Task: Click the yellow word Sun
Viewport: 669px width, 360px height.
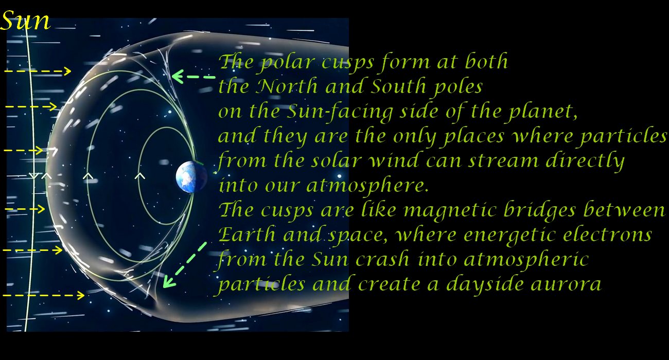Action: [x=25, y=20]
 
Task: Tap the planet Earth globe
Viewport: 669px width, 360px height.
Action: [x=191, y=177]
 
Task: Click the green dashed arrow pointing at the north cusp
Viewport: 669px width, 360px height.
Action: [x=193, y=77]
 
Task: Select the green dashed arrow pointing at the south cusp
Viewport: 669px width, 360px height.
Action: [x=185, y=265]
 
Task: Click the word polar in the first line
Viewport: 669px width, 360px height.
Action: [x=287, y=63]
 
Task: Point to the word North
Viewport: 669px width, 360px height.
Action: [x=287, y=86]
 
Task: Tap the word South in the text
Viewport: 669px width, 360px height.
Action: [x=399, y=86]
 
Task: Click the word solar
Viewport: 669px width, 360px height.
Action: [x=336, y=160]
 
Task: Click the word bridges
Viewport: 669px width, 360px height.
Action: [x=539, y=210]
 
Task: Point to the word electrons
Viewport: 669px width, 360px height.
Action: [x=607, y=235]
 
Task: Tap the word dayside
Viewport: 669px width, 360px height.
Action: [x=484, y=284]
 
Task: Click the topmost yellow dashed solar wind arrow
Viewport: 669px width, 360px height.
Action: [x=38, y=71]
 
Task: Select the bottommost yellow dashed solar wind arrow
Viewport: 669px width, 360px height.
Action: [x=44, y=296]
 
